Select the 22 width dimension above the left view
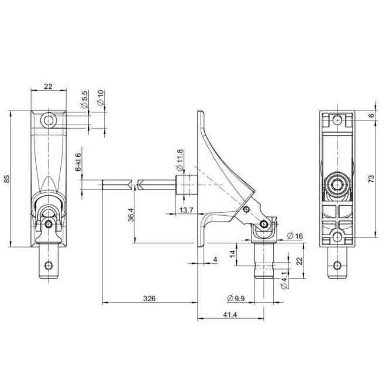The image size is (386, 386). (48, 87)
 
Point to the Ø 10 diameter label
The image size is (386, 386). (101, 98)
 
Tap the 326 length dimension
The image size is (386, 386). (150, 298)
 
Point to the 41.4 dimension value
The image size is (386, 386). (230, 315)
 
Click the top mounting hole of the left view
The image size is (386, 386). (48, 121)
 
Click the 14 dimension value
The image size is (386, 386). (233, 254)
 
